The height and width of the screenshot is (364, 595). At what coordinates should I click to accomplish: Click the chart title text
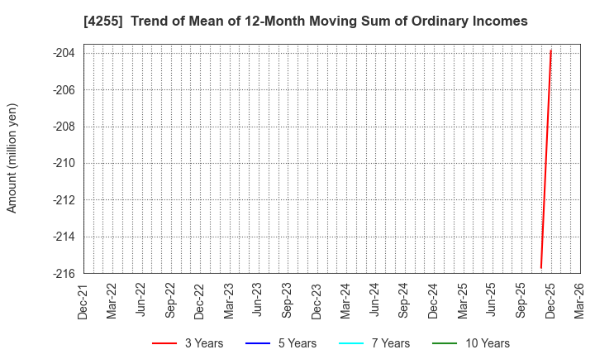click(x=305, y=22)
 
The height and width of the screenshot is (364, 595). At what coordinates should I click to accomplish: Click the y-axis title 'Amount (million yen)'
click(x=12, y=158)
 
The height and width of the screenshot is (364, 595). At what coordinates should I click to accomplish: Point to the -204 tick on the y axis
click(x=64, y=53)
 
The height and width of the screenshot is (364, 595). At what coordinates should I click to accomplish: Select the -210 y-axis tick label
click(x=64, y=163)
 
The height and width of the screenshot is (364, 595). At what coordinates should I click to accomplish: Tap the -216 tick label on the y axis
click(x=64, y=273)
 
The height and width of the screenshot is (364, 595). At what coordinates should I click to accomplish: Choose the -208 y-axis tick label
click(x=64, y=127)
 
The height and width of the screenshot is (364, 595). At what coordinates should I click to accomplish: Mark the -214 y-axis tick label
click(x=64, y=237)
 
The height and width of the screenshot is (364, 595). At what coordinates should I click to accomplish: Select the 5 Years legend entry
click(x=281, y=343)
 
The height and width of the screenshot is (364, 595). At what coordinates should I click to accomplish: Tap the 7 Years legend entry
click(x=375, y=343)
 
